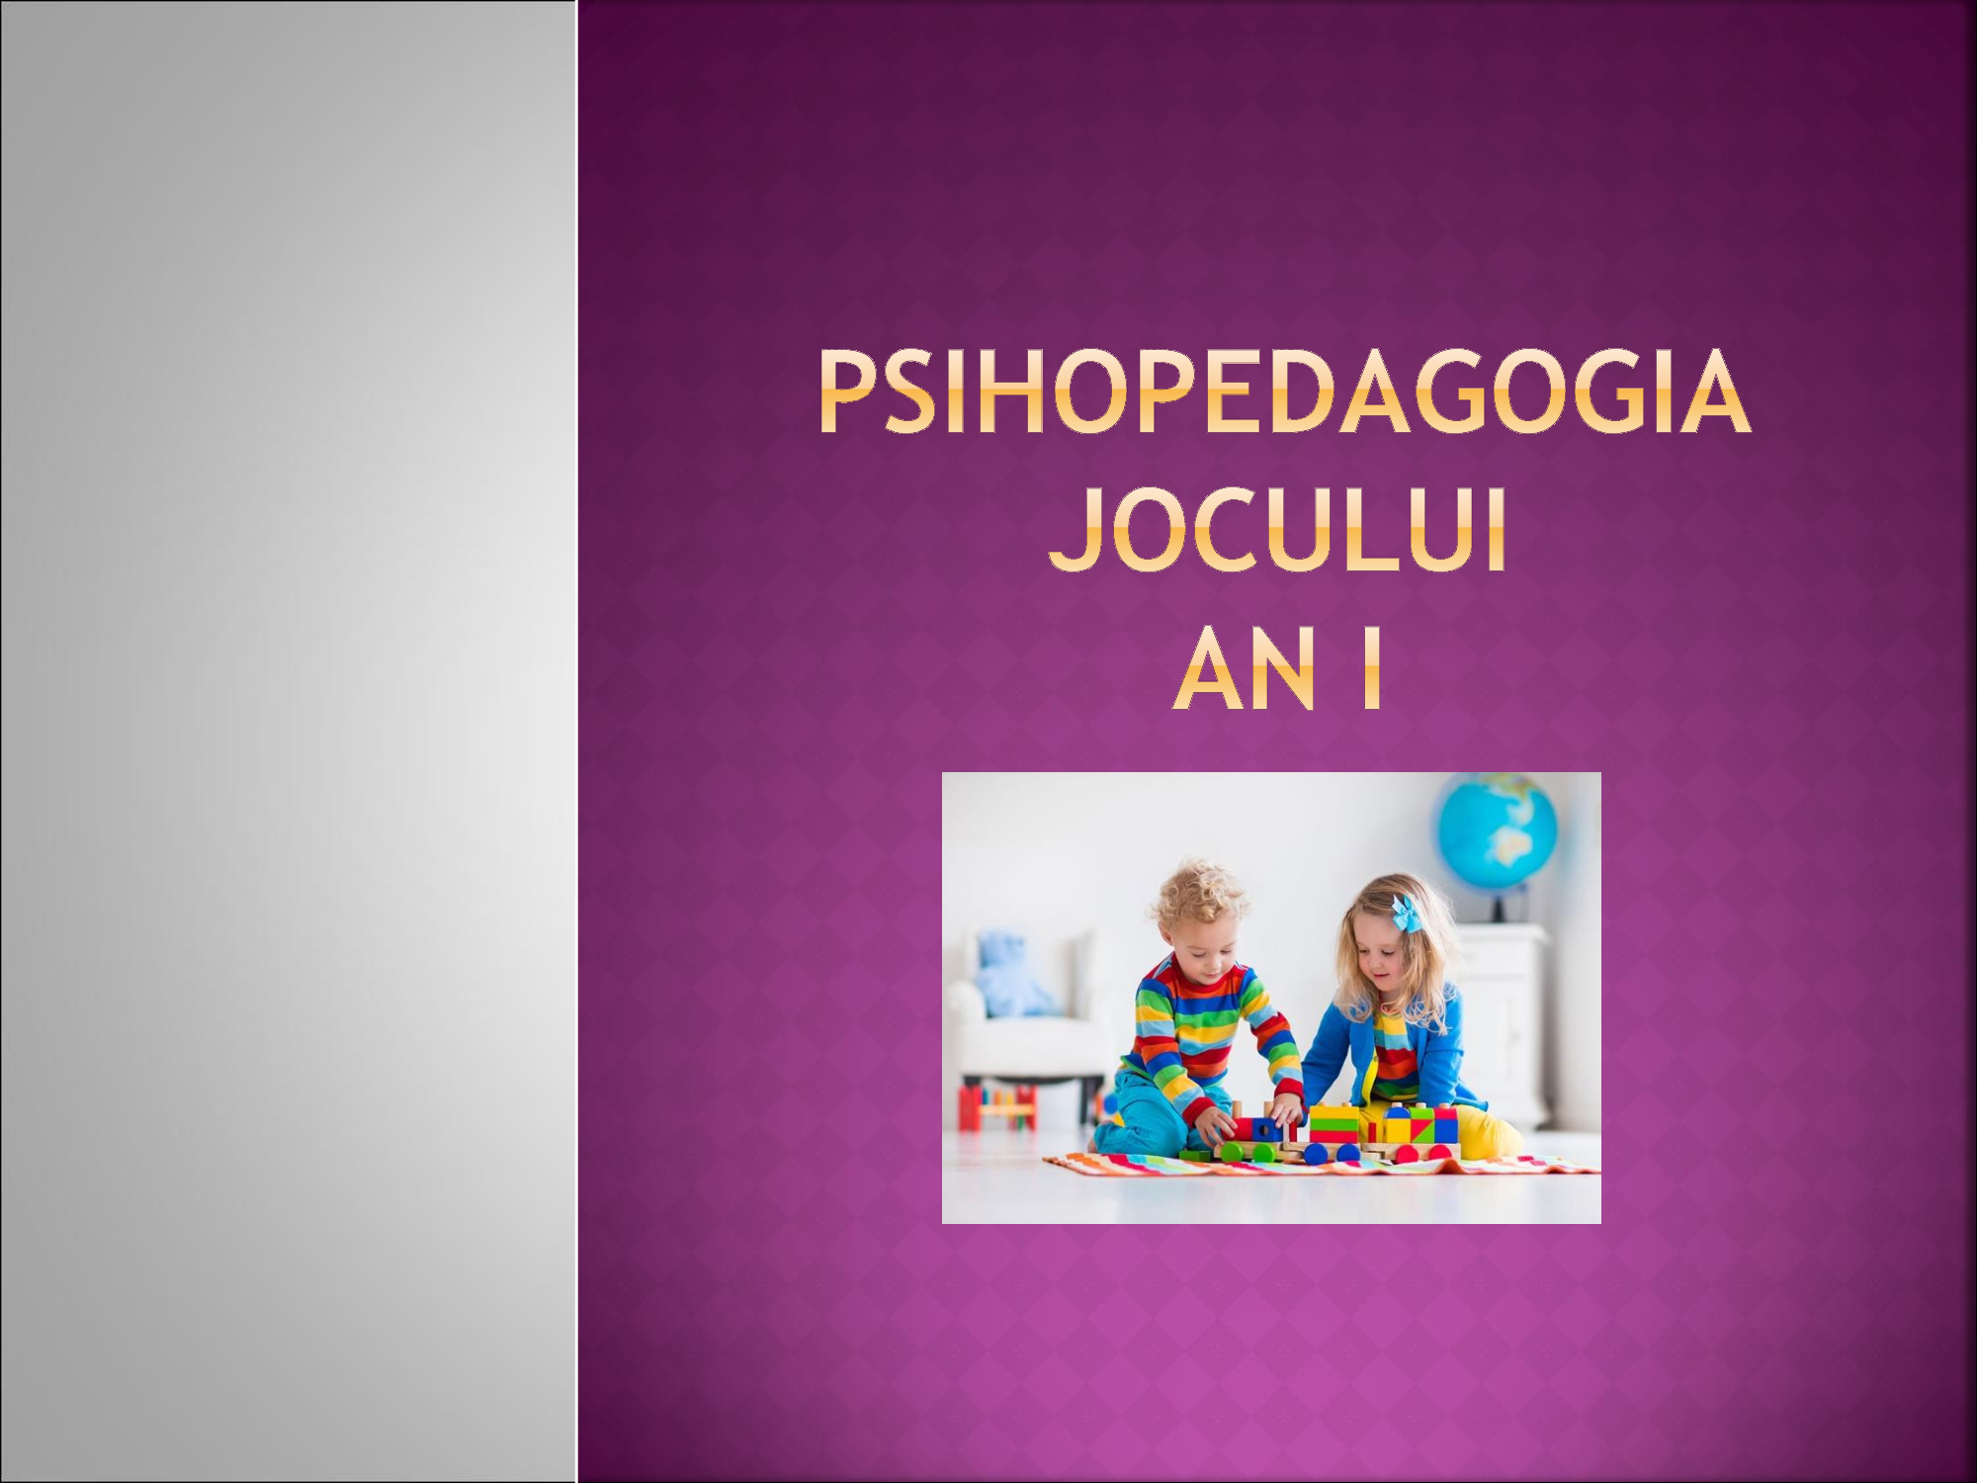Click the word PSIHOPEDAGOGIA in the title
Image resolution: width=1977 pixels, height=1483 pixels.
1284,393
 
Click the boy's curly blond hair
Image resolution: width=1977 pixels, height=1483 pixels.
1198,895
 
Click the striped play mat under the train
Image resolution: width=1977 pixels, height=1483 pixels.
1325,1165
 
